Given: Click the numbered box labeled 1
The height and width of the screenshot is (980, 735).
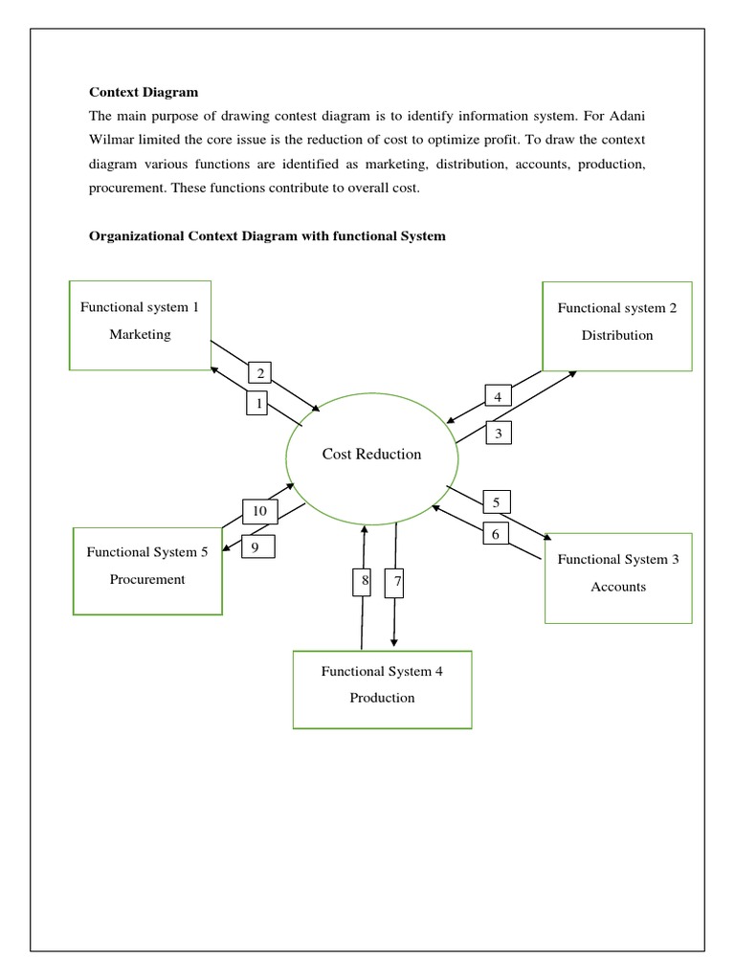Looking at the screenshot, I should tap(256, 404).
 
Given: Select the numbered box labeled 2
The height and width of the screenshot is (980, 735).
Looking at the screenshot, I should tap(260, 373).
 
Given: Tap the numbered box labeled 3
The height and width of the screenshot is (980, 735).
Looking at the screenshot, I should tap(499, 434).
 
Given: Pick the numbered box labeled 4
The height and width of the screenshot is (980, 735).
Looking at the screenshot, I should tap(498, 396).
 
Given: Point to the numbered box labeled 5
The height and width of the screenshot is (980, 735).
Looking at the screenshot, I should tap(496, 501).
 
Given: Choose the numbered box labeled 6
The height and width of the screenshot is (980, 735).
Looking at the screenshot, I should tap(495, 534).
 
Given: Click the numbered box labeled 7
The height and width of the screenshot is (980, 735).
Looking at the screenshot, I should tap(395, 581).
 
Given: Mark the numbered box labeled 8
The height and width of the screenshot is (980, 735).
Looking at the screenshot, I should tap(365, 581).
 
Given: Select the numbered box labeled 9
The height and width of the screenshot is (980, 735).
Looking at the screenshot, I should tap(256, 546).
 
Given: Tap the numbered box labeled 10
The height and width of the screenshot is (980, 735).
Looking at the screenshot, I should tap(259, 512).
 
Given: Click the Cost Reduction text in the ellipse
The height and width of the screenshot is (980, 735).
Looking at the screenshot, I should tap(371, 454).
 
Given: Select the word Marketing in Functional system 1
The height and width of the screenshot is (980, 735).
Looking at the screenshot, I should tap(140, 334).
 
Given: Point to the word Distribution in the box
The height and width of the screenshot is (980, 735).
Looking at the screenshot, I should tap(617, 335).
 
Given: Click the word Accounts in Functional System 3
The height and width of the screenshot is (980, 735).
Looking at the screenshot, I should tap(618, 587).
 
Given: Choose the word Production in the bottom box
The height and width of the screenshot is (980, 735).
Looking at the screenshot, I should tap(382, 698).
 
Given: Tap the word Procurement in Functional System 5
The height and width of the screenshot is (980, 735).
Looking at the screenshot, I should tap(147, 579).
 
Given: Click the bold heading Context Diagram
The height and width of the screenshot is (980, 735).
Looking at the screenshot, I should tap(144, 92).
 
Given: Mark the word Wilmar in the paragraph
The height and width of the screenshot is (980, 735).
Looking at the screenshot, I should tap(111, 141).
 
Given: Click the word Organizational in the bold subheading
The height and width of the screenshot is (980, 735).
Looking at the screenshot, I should tap(135, 235).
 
